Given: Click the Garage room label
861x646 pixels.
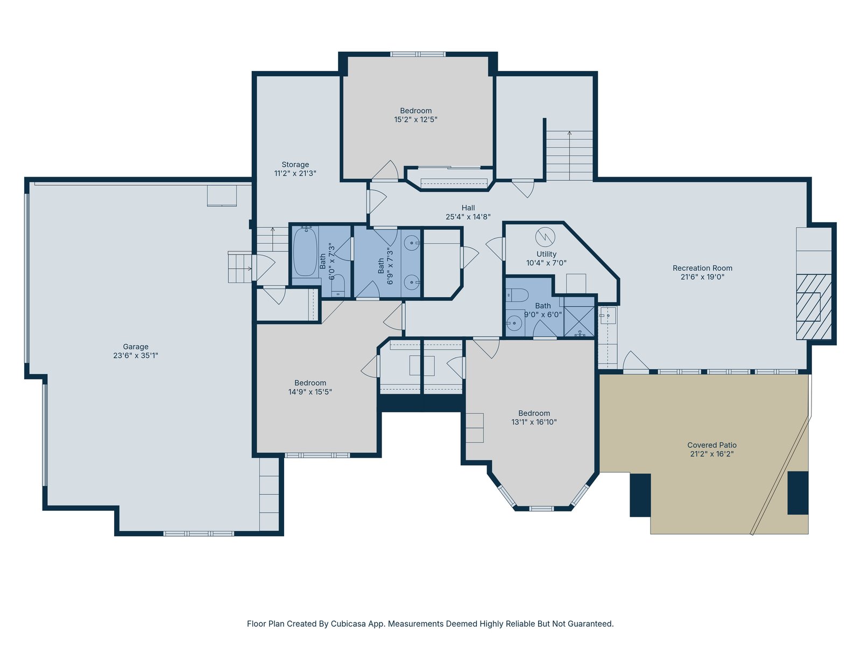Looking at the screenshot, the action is (135, 347).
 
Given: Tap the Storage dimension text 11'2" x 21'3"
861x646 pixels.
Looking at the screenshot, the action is (295, 173).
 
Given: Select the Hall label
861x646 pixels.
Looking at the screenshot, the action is (468, 208).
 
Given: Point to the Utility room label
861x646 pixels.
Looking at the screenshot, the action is (546, 254).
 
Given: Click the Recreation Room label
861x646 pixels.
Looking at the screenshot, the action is (703, 268).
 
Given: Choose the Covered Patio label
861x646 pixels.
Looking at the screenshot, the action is (712, 445).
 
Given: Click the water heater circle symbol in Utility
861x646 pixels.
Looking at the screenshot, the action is (545, 237).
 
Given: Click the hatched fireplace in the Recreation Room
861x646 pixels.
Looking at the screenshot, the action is (814, 307).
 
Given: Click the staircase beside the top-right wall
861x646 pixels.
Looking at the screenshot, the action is (569, 156).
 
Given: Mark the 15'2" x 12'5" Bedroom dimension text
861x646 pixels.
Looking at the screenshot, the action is (416, 120).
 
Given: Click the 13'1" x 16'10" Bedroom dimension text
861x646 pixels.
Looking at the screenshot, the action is (534, 422).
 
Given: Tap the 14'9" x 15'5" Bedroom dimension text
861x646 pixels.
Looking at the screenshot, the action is (310, 392).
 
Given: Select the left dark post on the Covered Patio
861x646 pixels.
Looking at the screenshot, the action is (640, 495).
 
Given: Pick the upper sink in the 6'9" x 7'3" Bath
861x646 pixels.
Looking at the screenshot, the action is (411, 243).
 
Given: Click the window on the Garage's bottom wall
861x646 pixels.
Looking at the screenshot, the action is (199, 533).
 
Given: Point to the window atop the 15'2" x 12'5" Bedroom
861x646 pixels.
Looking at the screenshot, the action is (418, 54).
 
